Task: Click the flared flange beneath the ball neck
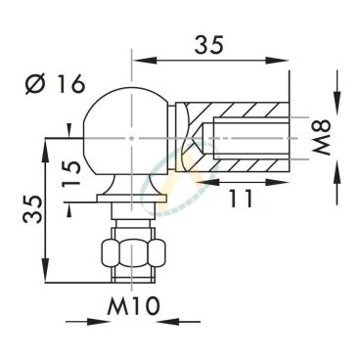point(130,189)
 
